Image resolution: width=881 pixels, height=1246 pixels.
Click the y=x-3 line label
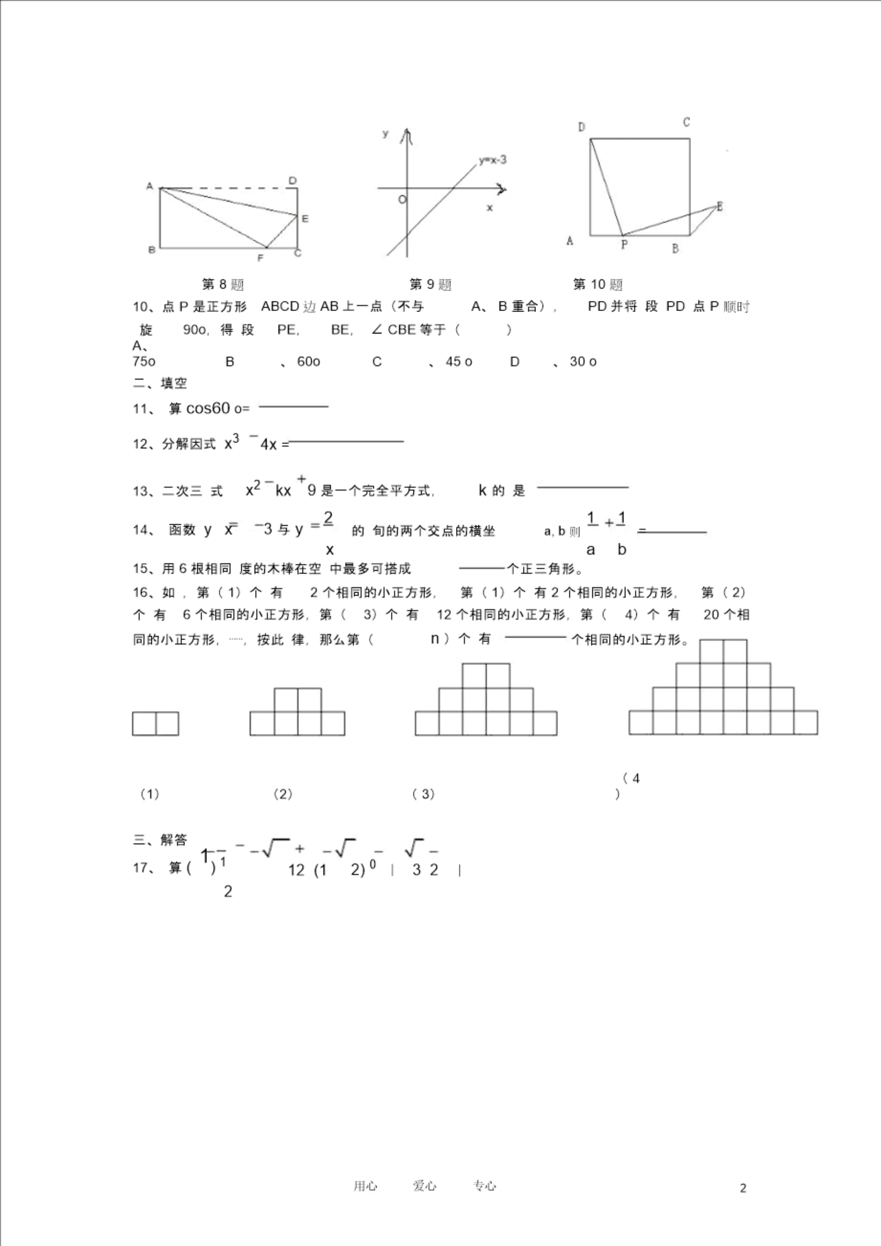click(493, 160)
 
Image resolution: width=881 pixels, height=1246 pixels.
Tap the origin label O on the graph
click(401, 200)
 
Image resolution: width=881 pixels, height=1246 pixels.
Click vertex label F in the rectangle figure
click(261, 258)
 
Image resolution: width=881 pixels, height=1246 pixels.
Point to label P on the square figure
click(624, 245)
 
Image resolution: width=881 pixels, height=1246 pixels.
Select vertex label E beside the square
click(720, 206)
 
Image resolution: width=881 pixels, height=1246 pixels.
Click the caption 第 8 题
click(223, 284)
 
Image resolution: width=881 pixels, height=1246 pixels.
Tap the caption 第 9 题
click(430, 284)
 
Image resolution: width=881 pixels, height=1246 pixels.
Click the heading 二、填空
click(160, 384)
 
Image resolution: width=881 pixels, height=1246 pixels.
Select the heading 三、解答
click(160, 840)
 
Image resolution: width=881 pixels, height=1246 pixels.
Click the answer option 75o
click(144, 362)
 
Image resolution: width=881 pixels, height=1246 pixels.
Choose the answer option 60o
click(308, 362)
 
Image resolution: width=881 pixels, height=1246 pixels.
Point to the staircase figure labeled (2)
click(297, 712)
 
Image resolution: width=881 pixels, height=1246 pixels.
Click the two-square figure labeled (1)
click(155, 724)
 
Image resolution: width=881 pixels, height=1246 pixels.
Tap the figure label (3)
click(424, 795)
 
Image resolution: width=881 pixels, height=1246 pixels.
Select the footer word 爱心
click(424, 1186)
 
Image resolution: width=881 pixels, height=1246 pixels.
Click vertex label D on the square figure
click(581, 127)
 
